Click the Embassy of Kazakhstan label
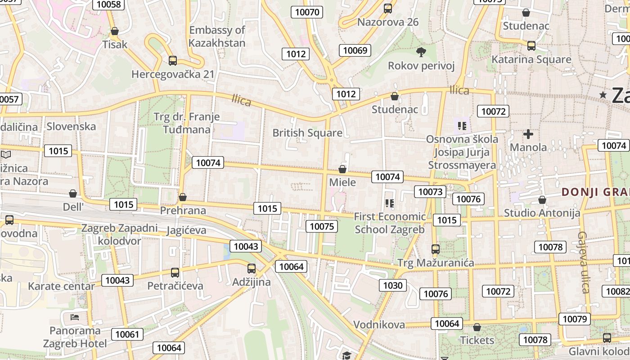[x=217, y=36]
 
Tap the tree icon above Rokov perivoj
[x=421, y=52]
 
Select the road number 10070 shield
[x=307, y=12]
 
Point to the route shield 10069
[x=355, y=50]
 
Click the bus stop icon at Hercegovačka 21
[x=172, y=61]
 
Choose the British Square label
[x=307, y=133]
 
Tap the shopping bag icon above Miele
[x=342, y=170]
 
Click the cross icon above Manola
[x=528, y=134]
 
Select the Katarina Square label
[x=531, y=59]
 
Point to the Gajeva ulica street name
[x=584, y=262]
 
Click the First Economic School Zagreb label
[x=390, y=223]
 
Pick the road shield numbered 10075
[x=322, y=226]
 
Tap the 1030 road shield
[x=393, y=285]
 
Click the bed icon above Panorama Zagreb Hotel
[x=75, y=317]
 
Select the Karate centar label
[x=62, y=286]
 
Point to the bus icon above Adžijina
[x=252, y=269]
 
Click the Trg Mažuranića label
[x=436, y=263]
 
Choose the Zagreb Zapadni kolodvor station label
[x=119, y=234]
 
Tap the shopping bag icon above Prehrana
[x=183, y=198]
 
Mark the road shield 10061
[x=127, y=334]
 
